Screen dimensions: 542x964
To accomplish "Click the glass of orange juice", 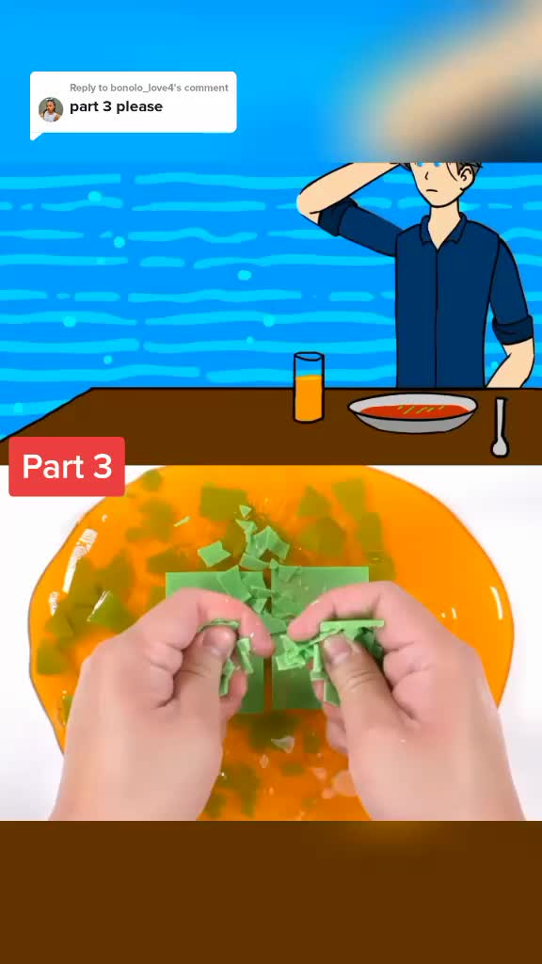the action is (309, 387).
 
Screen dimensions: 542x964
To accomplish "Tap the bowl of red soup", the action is (412, 412).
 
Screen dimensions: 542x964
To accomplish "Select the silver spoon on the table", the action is (501, 428).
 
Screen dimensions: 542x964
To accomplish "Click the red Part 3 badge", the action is (67, 466).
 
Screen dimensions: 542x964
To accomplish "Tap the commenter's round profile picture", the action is (51, 109).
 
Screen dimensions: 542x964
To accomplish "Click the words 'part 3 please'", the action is (116, 106).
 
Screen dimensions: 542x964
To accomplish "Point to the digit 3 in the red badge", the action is (103, 467).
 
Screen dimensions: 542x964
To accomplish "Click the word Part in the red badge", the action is (54, 467).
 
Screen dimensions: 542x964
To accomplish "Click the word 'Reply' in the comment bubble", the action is (83, 88).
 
